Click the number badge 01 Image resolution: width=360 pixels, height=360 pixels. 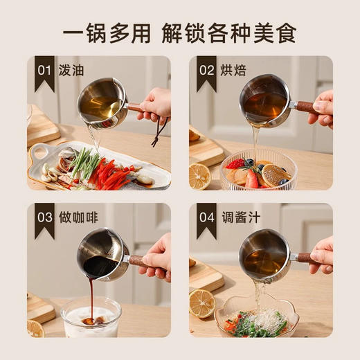(44, 70)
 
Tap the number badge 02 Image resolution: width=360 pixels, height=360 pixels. (206, 70)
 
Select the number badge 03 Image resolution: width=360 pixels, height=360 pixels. (44, 217)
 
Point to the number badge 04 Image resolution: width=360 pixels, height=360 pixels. (206, 217)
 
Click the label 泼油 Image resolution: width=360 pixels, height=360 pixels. (72, 70)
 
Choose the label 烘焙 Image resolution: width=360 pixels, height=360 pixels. (233, 70)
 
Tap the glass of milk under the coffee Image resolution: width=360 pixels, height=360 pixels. (91, 318)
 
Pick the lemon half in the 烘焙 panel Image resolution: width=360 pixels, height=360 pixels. (200, 175)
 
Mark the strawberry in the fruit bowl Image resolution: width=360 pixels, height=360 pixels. (235, 164)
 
